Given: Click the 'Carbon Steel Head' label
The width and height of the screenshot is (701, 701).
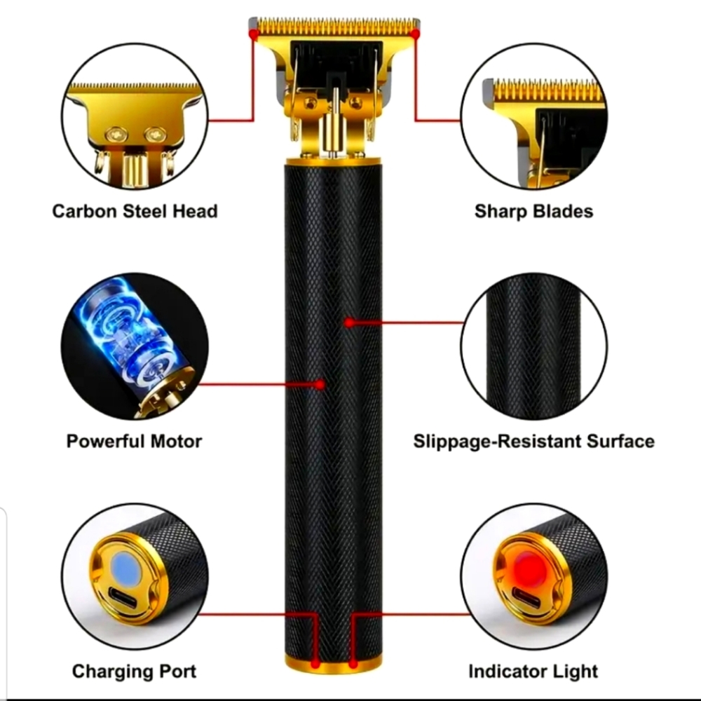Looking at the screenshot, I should (x=135, y=210).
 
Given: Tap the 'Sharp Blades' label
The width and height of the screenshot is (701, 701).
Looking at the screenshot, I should (x=533, y=210).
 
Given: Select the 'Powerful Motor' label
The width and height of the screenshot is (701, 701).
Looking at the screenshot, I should (x=134, y=441).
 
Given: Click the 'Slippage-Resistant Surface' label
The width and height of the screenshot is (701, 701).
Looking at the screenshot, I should (x=533, y=441).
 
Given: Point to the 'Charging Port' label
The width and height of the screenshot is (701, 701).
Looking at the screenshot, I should (x=134, y=671).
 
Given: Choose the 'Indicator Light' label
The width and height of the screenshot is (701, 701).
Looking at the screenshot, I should (x=533, y=671).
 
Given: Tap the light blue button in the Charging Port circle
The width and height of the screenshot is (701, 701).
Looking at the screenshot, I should (x=127, y=568).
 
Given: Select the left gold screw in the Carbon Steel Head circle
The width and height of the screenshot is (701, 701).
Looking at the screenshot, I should (x=116, y=133).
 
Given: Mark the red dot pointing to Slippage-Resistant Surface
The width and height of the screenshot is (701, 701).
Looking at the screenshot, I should (x=348, y=322).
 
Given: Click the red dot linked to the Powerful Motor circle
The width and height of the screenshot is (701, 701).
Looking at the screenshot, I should (x=320, y=384).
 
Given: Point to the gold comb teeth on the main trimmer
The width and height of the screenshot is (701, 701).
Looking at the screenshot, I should (x=334, y=27).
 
